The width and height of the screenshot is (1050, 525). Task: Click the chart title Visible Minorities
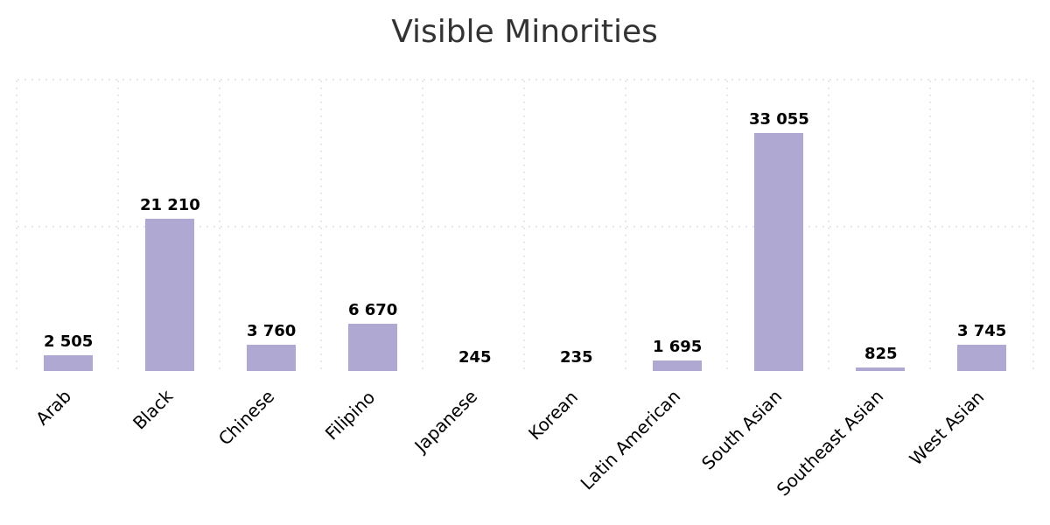click(524, 32)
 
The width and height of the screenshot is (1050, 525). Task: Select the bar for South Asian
click(778, 252)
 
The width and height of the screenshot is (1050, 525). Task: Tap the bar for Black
click(170, 295)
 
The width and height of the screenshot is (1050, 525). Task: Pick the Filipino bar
click(373, 347)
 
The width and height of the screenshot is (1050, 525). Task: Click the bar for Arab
click(68, 363)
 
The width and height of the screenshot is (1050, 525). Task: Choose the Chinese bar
click(271, 358)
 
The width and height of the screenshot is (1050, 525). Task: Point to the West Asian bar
click(981, 358)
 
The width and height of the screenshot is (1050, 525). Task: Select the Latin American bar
click(676, 366)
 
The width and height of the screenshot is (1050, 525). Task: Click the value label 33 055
click(779, 119)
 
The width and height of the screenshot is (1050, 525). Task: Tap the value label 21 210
click(170, 205)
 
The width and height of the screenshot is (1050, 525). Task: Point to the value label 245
click(474, 357)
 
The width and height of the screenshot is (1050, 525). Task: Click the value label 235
click(576, 357)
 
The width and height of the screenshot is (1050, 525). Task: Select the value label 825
click(880, 353)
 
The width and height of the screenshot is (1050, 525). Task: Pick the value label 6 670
click(373, 310)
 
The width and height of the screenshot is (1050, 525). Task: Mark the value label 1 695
click(677, 346)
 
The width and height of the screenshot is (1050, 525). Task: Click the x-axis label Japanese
click(446, 422)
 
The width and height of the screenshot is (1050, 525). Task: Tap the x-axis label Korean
click(553, 415)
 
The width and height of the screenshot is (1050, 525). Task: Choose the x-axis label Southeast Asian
click(830, 443)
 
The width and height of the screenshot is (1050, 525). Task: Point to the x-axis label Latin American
click(631, 440)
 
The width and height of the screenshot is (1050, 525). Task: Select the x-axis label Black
click(153, 409)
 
